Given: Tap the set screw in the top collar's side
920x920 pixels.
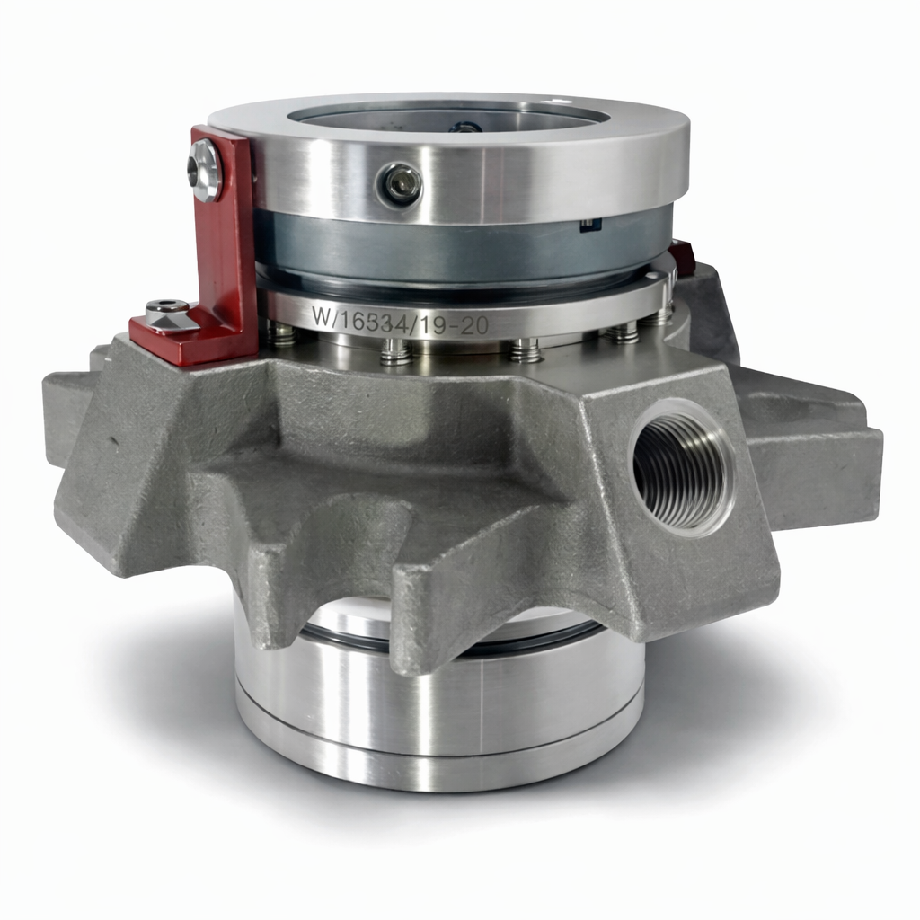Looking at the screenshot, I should point(399,185).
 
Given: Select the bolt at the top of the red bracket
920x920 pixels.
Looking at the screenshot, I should point(206,171).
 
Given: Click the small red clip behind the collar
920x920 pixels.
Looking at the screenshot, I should point(682,255).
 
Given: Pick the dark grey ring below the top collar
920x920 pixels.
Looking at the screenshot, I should point(449,252).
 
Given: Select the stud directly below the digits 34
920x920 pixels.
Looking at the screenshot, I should point(395,352).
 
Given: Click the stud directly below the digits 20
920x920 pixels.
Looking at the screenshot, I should point(526,350).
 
